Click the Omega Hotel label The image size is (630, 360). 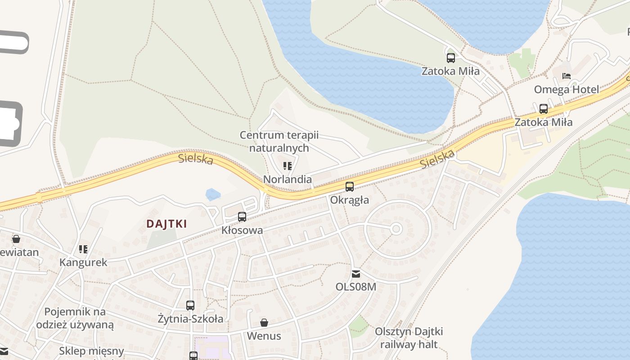(x=566, y=89)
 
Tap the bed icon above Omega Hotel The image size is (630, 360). (x=567, y=76)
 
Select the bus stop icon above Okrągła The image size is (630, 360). (x=350, y=186)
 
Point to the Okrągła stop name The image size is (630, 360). (x=350, y=200)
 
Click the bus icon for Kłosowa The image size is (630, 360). (x=242, y=217)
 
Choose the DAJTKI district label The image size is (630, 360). (x=166, y=224)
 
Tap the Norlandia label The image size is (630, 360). (x=287, y=179)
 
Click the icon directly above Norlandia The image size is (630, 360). (x=288, y=166)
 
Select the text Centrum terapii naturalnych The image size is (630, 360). (x=279, y=141)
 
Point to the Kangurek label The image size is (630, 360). (x=83, y=262)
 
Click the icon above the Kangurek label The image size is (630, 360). (x=83, y=249)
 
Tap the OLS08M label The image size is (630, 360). (x=355, y=287)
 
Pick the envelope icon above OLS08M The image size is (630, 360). (x=356, y=274)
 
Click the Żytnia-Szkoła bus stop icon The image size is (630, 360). (x=190, y=306)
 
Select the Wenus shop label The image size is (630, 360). (x=264, y=336)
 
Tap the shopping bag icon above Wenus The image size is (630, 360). (x=264, y=323)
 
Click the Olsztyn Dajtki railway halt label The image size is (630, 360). (x=409, y=338)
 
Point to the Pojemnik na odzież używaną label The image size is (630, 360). (x=75, y=318)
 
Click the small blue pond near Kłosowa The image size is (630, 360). (x=213, y=194)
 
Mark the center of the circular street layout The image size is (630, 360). (x=396, y=229)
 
